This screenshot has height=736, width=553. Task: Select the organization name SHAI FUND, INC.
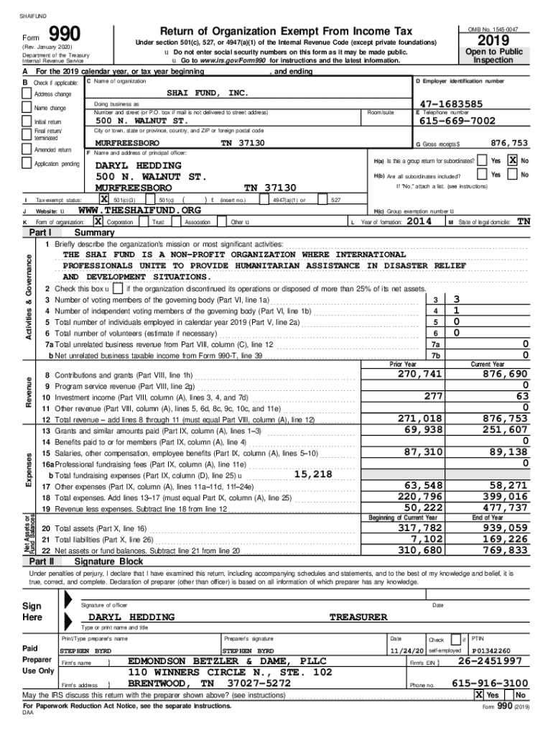[x=206, y=93]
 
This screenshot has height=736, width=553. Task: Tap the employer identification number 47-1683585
[x=452, y=104]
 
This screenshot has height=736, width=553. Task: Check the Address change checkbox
[x=28, y=94]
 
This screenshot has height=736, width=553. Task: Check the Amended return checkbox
[x=28, y=149]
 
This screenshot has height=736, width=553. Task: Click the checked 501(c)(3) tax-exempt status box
[x=104, y=199]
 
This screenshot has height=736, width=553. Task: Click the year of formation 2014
[x=419, y=222]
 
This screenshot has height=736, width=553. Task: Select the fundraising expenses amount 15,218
[x=313, y=474]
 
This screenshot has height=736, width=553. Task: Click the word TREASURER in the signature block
[x=358, y=617]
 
